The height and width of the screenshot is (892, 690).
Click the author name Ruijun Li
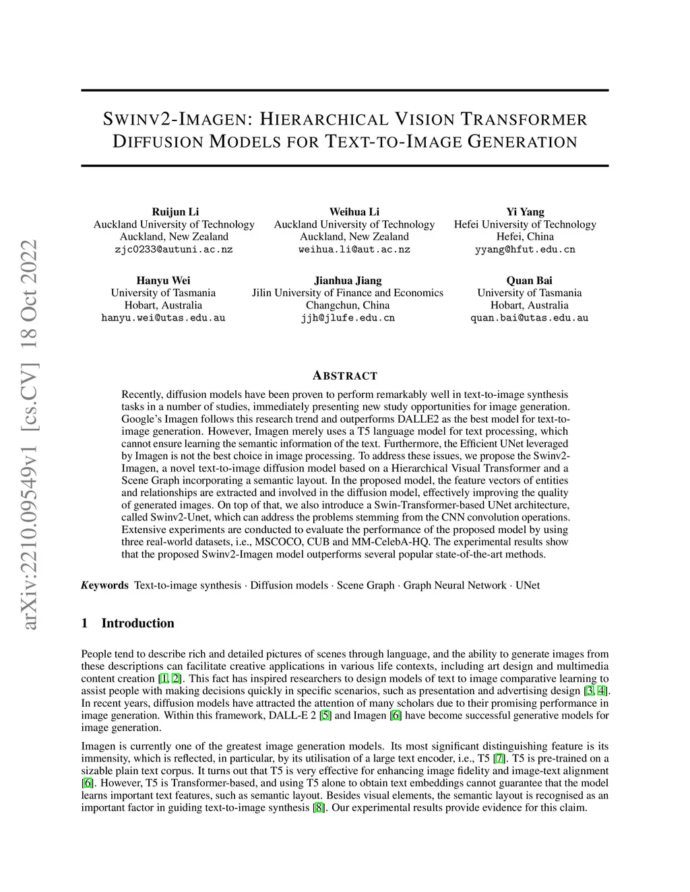175,211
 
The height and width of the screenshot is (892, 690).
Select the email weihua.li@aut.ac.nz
354,249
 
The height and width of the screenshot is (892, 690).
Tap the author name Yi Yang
526,211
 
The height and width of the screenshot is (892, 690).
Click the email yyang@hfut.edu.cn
526,249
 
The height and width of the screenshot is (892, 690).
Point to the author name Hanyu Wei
163,280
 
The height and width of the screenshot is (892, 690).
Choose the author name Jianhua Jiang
348,280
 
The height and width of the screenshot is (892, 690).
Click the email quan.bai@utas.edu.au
530,318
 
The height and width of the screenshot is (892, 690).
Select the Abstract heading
345,376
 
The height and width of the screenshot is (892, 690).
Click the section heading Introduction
137,623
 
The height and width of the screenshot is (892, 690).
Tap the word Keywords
104,585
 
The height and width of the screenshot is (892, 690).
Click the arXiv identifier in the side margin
30,434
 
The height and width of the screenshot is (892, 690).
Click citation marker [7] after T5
499,759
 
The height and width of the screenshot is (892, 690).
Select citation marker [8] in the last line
319,807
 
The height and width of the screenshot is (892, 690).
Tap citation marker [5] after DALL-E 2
325,715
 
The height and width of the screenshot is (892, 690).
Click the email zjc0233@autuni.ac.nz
174,249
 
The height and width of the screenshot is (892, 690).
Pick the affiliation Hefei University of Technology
525,224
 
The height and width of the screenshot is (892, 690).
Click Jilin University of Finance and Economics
348,293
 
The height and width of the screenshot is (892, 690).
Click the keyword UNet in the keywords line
528,585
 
